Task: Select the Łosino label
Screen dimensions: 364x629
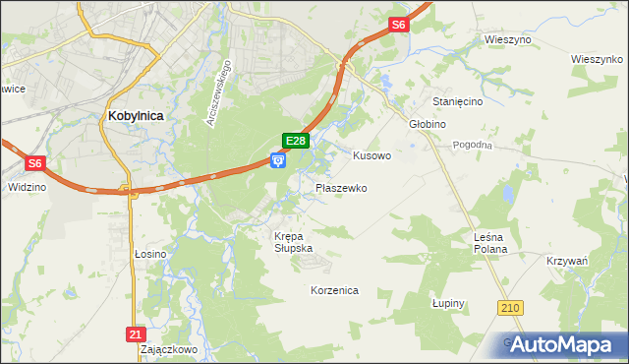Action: coord(150,254)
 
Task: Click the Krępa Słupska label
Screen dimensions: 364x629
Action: coord(293,242)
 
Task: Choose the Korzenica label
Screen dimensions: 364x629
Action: coord(334,291)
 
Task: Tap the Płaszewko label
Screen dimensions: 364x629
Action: coord(341,187)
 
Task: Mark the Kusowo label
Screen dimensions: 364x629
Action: coord(372,155)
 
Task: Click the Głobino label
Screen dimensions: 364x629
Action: coord(428,124)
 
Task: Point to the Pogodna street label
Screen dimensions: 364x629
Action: coord(472,145)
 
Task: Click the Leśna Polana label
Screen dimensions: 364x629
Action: coord(489,243)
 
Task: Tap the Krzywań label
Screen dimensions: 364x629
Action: coord(567,261)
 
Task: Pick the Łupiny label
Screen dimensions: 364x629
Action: coord(447,304)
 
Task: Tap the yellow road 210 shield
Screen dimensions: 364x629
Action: coord(509,309)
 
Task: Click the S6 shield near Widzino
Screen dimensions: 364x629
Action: coord(34,163)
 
